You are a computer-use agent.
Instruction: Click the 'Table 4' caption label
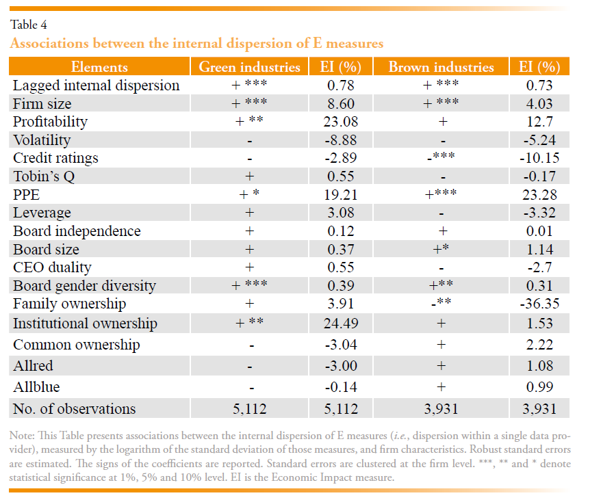29,25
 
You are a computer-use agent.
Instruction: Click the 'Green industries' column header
249,67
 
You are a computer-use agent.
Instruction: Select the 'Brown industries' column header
441,67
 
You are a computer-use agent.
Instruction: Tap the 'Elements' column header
99,67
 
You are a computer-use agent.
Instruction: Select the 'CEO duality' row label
52,267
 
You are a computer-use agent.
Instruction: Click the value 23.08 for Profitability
340,122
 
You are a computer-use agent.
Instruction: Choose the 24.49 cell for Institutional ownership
340,324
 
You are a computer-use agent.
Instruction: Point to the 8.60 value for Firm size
340,104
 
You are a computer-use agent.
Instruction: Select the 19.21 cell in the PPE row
340,194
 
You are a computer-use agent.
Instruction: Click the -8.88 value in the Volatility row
340,140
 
